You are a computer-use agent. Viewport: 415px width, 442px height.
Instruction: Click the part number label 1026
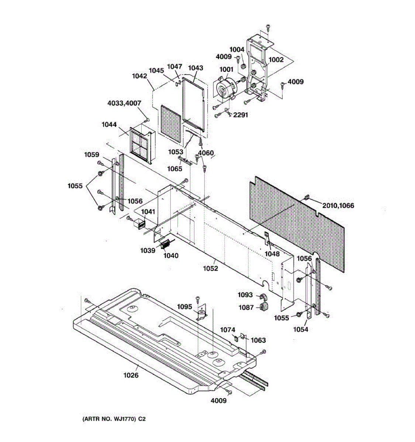(x=131, y=375)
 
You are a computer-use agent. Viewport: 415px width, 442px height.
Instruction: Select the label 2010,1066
(x=338, y=206)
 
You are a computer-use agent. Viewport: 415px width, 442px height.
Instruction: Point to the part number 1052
(x=210, y=269)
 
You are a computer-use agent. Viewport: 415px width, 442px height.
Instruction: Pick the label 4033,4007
(x=124, y=104)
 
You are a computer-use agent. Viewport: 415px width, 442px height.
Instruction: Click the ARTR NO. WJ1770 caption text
(x=111, y=419)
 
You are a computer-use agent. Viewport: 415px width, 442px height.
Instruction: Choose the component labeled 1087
(x=264, y=307)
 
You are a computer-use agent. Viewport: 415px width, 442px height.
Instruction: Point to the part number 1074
(x=228, y=330)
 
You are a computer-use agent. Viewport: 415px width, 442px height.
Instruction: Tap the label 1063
(x=258, y=340)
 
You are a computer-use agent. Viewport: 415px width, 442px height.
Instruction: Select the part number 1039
(x=148, y=250)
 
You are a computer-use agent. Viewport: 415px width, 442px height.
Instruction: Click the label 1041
(x=148, y=212)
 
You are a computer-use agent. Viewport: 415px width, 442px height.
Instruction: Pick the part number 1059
(x=91, y=155)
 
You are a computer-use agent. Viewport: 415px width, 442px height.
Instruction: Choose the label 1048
(x=272, y=254)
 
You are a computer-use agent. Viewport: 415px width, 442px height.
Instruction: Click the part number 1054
(x=301, y=329)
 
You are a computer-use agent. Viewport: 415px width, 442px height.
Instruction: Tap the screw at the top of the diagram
(x=268, y=27)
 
